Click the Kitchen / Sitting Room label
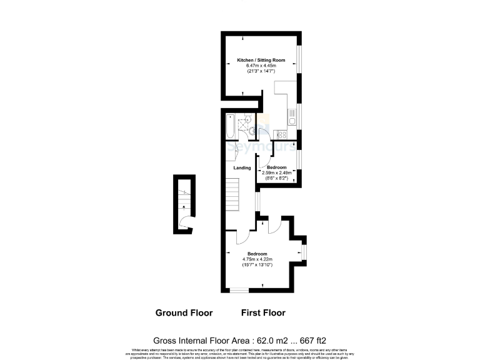pos(261,60)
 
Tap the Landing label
pos(242,168)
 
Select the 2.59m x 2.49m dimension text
pos(277,172)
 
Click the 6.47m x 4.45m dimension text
pos(261,66)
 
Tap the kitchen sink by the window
pos(291,121)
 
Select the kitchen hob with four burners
pos(282,134)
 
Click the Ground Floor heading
pos(184,312)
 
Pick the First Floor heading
pos(263,312)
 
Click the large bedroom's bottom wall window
pos(237,289)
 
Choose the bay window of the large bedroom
pos(304,252)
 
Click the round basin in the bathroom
pos(252,131)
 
